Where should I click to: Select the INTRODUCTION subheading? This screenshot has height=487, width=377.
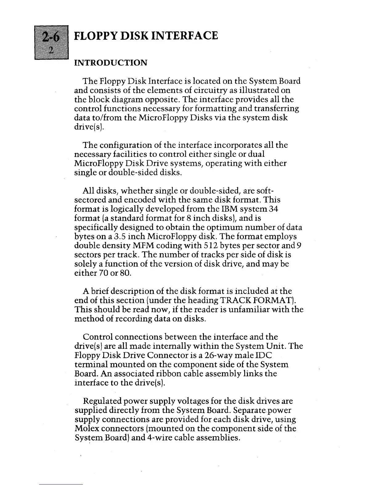(x=111, y=63)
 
